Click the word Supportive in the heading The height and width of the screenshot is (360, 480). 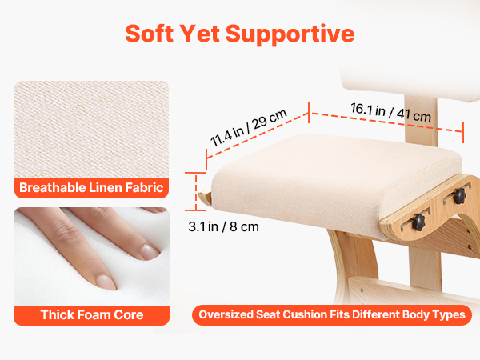[290, 34]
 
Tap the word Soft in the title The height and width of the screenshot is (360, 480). [150, 33]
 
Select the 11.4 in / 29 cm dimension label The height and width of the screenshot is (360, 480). [249, 127]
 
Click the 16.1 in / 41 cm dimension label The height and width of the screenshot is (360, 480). [391, 113]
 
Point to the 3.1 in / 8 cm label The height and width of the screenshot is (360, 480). [223, 227]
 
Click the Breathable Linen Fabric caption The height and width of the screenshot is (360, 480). [91, 188]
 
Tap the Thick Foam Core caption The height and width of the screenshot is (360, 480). [92, 314]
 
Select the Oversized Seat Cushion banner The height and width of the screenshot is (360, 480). [332, 314]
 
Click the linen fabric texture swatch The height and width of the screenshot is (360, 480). [91, 130]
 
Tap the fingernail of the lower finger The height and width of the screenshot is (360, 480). [106, 282]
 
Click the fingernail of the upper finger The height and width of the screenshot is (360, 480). [150, 252]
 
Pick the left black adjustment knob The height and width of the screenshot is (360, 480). [418, 222]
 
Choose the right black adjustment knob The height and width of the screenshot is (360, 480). [459, 196]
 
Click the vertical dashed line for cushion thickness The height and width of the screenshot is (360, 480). [196, 192]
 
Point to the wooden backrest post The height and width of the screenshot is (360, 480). [421, 119]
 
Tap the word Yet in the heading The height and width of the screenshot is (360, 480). [199, 33]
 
